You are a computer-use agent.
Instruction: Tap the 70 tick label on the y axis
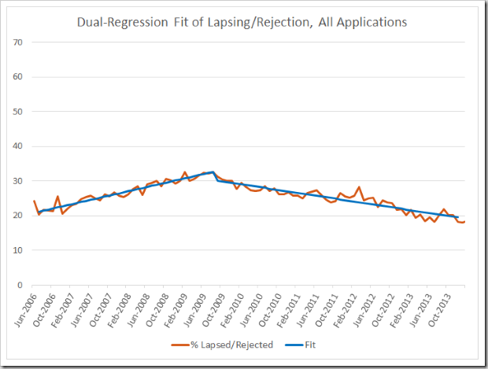click(x=21, y=42)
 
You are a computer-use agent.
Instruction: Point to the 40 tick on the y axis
click(x=21, y=146)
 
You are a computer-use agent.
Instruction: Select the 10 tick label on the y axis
click(x=21, y=250)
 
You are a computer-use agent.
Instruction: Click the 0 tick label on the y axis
click(x=24, y=285)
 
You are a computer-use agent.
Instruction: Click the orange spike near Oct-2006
click(x=57, y=197)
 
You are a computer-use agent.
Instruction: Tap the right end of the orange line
click(x=465, y=222)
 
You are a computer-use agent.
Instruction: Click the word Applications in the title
click(x=369, y=22)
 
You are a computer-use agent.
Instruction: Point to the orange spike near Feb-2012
click(x=359, y=187)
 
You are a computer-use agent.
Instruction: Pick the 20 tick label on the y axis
click(x=21, y=216)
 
